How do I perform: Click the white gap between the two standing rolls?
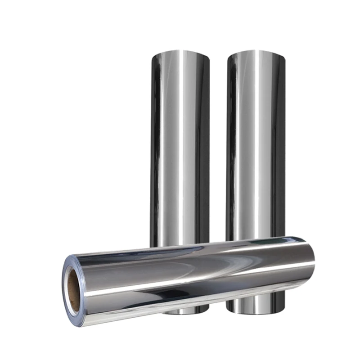pos(218,148)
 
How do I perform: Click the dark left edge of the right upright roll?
pos(229,148)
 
